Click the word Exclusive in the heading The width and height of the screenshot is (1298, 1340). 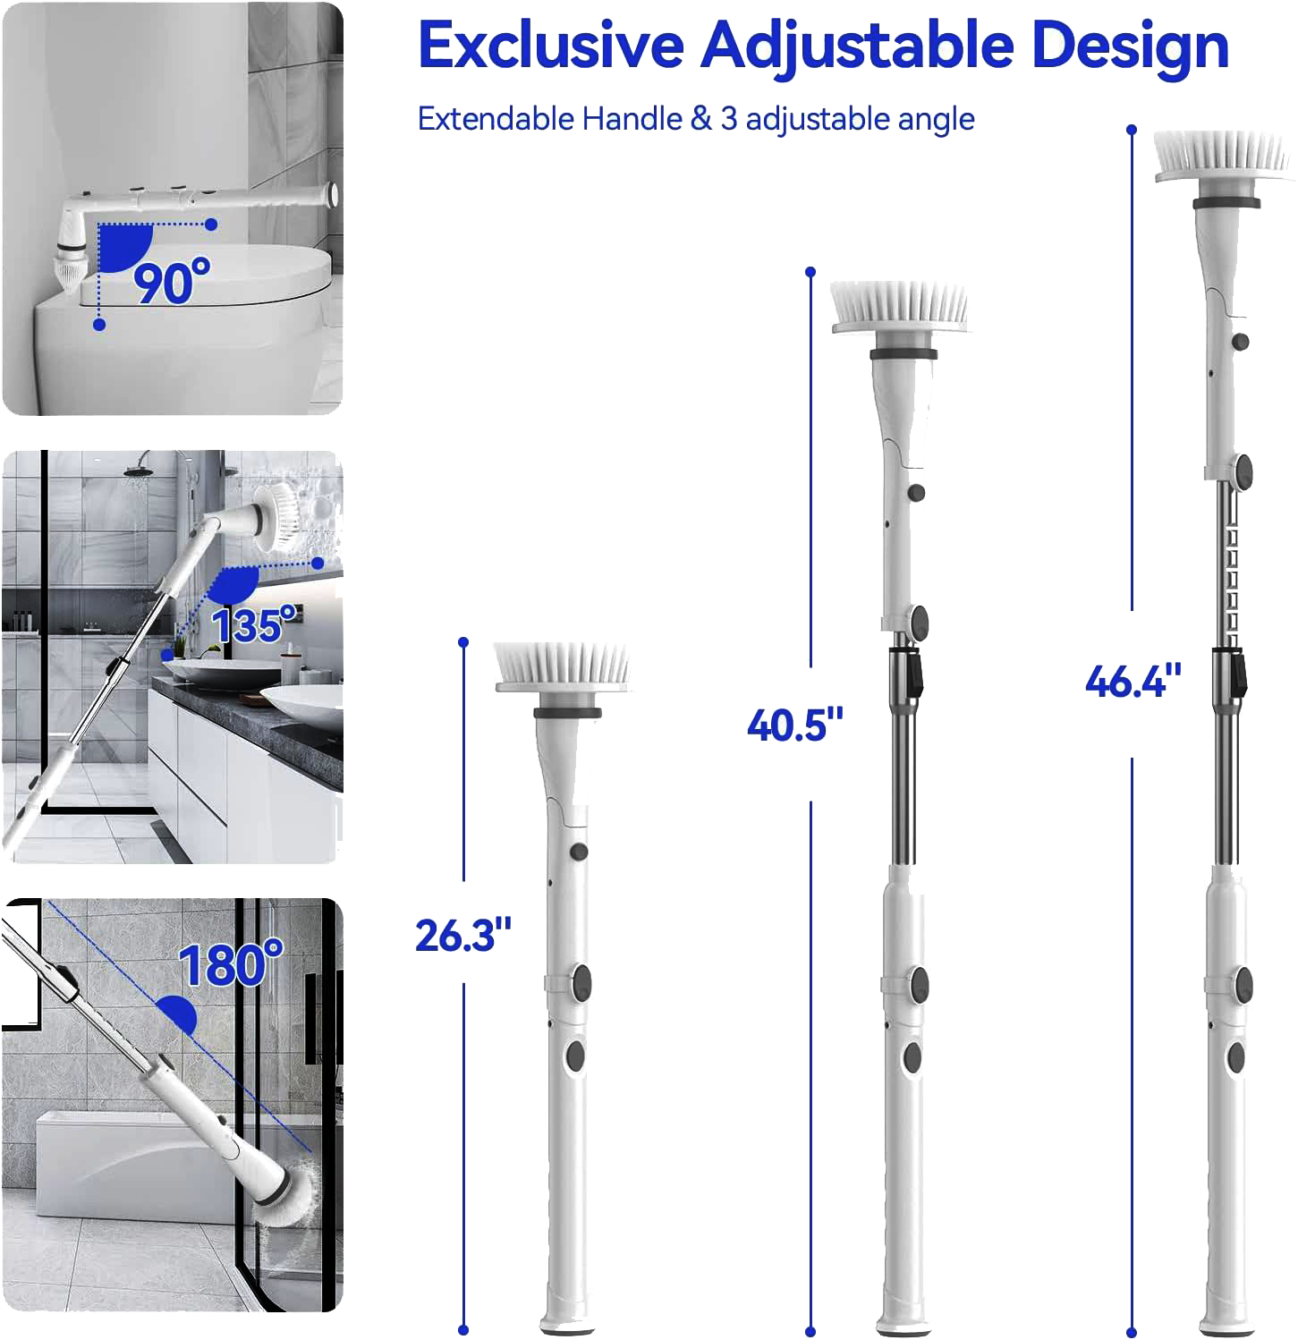[x=551, y=46]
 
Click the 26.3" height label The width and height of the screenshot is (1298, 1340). [x=462, y=935]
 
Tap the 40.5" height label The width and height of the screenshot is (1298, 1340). [x=795, y=724]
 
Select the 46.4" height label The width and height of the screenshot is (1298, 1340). [x=1133, y=682]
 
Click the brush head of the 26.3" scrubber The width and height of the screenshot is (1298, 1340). [x=564, y=667]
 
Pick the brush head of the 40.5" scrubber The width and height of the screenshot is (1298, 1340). [x=900, y=307]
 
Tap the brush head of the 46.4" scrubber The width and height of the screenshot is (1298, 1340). [x=1224, y=157]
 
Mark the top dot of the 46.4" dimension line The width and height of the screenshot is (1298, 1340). [x=1132, y=130]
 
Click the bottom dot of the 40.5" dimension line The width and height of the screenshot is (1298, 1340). [x=811, y=1330]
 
